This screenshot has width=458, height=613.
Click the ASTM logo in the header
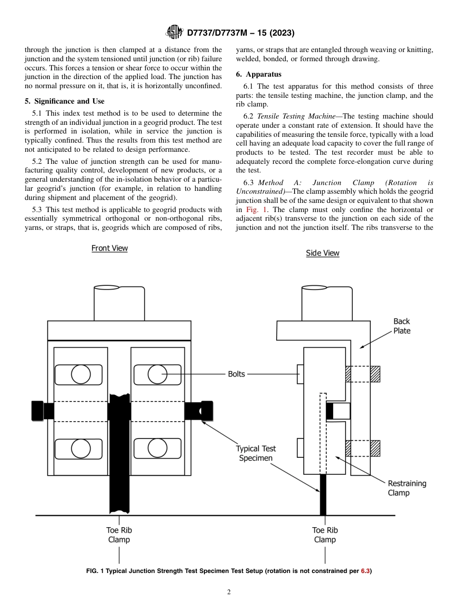pos(174,33)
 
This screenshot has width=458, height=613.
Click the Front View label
pos(109,248)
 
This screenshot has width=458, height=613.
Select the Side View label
pos(323,253)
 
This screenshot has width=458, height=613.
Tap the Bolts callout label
pos(236,374)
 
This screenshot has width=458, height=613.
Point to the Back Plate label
pos(402,326)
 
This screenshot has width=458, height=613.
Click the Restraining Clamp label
pos(407,488)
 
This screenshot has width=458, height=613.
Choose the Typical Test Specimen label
pos(256,453)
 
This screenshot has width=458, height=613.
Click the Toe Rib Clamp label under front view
pos(119,535)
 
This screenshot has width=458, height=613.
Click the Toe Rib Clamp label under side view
pos(325,535)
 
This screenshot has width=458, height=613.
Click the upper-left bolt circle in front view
pos(81,374)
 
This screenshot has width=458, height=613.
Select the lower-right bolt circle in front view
pos(157,448)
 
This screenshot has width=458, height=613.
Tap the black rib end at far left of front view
pos(38,411)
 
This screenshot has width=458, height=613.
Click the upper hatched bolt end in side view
pos(375,374)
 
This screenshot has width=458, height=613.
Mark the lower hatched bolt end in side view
pos(375,448)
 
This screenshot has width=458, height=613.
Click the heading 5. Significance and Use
pos(65,101)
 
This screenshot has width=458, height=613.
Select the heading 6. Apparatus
pos(258,74)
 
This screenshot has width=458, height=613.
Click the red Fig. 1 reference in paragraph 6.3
pos(254,210)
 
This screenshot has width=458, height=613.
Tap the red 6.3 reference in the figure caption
pos(365,571)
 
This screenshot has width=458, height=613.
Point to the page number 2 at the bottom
pos(229,592)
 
